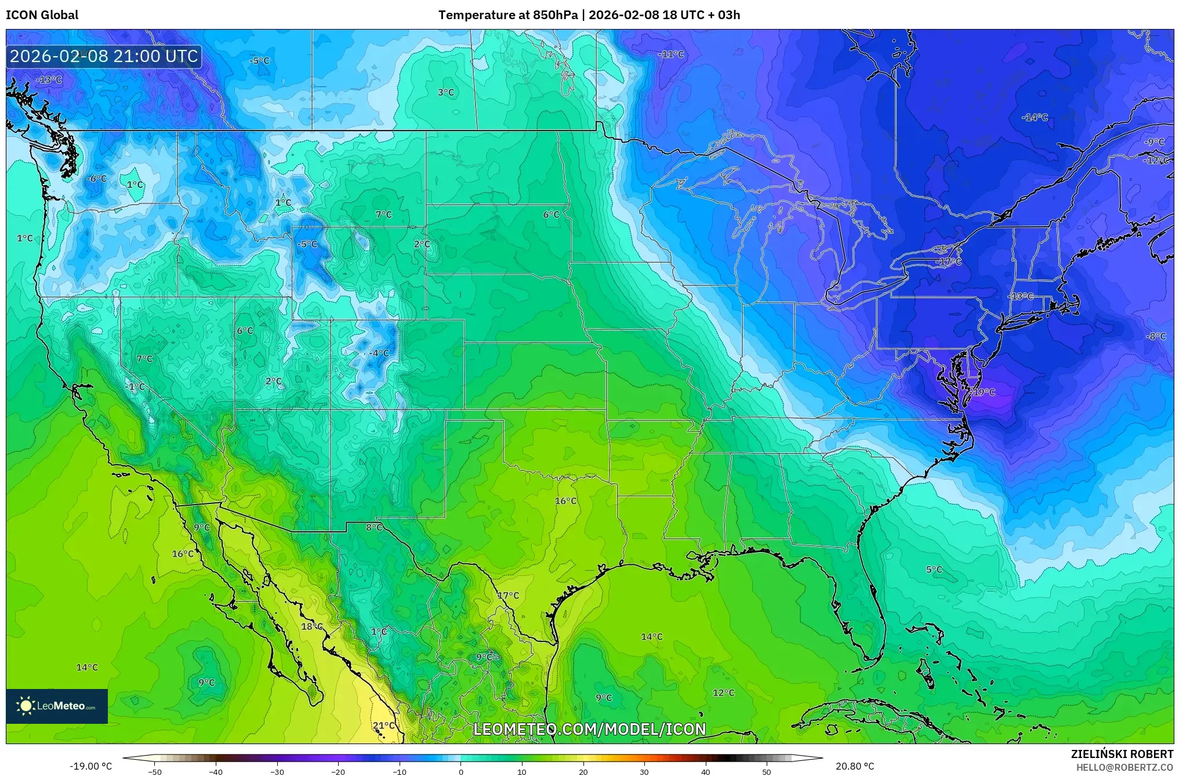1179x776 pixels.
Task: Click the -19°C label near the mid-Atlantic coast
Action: click(x=982, y=392)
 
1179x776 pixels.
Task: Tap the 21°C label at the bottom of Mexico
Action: click(x=383, y=726)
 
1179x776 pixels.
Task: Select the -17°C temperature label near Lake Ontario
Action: click(x=949, y=262)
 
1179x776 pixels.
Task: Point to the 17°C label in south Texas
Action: click(x=508, y=596)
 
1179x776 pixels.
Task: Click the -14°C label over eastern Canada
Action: click(x=1035, y=117)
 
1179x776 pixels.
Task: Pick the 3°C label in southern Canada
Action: click(x=445, y=92)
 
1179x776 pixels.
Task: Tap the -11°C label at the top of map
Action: click(x=671, y=54)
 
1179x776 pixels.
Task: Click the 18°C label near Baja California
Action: click(x=311, y=626)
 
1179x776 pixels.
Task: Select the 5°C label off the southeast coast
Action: click(x=934, y=570)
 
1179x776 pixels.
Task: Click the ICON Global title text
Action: click(x=42, y=14)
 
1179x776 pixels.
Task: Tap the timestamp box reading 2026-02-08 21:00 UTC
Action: click(x=104, y=56)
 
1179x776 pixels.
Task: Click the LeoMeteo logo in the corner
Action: click(x=57, y=706)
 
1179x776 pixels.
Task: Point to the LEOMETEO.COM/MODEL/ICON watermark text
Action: click(x=589, y=729)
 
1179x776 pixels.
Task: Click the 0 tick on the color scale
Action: click(x=461, y=771)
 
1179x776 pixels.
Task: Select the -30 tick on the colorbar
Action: click(x=277, y=771)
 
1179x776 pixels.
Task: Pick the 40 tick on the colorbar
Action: click(x=705, y=771)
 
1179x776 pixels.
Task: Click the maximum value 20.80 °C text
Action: click(x=854, y=766)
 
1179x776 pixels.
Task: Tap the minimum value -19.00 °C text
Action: click(x=90, y=766)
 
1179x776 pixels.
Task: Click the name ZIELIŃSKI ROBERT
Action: click(x=1122, y=754)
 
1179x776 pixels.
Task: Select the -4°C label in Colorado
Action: click(x=379, y=353)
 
